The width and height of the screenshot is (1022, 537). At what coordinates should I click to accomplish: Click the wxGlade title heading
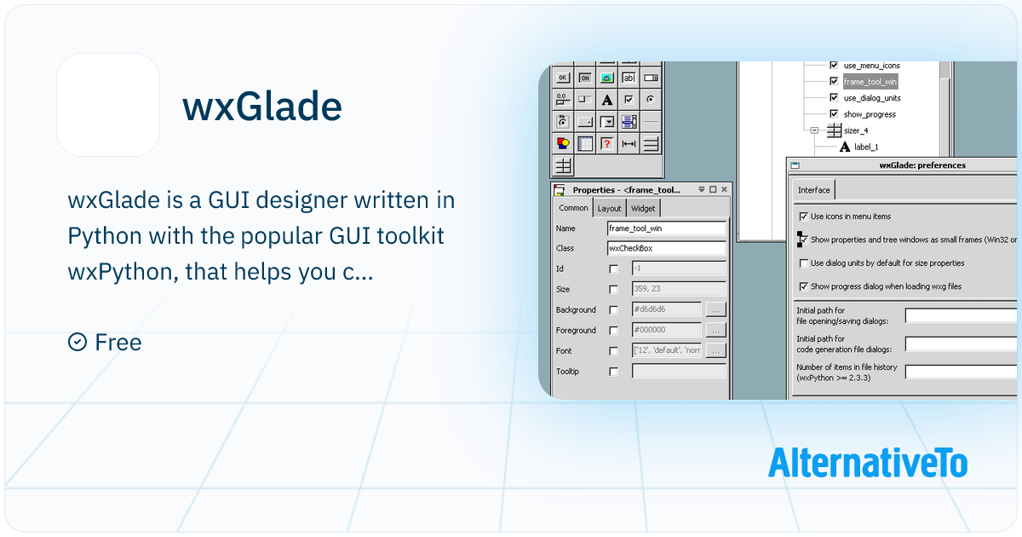[262, 107]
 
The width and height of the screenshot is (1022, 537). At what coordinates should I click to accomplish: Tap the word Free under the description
[118, 343]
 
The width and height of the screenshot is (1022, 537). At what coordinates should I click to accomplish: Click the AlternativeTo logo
[867, 462]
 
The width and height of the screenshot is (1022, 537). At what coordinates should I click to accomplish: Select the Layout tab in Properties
[609, 208]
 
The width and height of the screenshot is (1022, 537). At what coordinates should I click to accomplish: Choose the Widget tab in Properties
[643, 208]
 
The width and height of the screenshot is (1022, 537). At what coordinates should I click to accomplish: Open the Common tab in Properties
[573, 208]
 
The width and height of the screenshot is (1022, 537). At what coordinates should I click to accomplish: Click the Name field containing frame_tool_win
[666, 228]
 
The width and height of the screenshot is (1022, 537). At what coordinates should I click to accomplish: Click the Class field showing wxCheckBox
[666, 249]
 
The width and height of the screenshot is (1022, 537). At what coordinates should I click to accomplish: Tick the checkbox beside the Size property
[613, 290]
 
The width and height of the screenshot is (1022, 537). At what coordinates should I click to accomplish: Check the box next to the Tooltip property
[613, 372]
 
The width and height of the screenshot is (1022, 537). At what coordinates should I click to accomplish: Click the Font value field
[667, 351]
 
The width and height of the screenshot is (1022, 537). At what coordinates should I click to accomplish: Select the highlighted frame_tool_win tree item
[870, 82]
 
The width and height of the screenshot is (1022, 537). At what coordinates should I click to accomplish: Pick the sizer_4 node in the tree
[855, 130]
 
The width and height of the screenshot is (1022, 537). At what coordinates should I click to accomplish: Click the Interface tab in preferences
[813, 190]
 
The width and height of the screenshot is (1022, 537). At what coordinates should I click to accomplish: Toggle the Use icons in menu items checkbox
[803, 217]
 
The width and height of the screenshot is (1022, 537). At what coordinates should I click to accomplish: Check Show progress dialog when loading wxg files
[803, 286]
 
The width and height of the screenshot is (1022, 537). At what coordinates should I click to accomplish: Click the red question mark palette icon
[606, 143]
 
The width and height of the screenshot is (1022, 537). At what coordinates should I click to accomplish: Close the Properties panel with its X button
[724, 189]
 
